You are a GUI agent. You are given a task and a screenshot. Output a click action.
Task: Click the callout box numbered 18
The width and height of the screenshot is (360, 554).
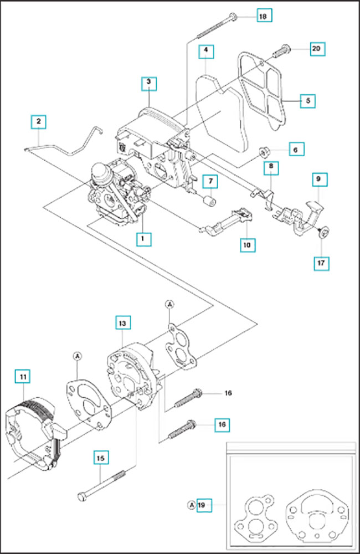point(263,17)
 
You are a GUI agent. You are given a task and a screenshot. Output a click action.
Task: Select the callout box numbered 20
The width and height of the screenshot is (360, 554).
point(316,49)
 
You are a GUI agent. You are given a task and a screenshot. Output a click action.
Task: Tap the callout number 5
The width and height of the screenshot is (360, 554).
point(307,101)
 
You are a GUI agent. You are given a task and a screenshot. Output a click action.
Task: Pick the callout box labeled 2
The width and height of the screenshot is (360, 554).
point(38,121)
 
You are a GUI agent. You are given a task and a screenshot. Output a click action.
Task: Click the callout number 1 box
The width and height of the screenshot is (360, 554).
point(143,238)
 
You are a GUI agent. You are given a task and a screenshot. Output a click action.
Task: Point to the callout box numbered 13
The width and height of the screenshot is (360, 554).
point(122,322)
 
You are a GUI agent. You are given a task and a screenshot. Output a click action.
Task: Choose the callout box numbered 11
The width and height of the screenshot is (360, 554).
point(23,377)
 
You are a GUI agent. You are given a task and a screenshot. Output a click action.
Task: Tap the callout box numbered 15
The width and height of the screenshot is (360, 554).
point(100,458)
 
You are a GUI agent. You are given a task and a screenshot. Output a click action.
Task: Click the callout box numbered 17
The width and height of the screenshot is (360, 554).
point(321,263)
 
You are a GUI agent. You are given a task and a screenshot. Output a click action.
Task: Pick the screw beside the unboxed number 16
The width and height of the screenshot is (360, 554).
point(188,397)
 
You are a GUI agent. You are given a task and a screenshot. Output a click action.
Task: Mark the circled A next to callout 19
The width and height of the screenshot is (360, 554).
point(191,505)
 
